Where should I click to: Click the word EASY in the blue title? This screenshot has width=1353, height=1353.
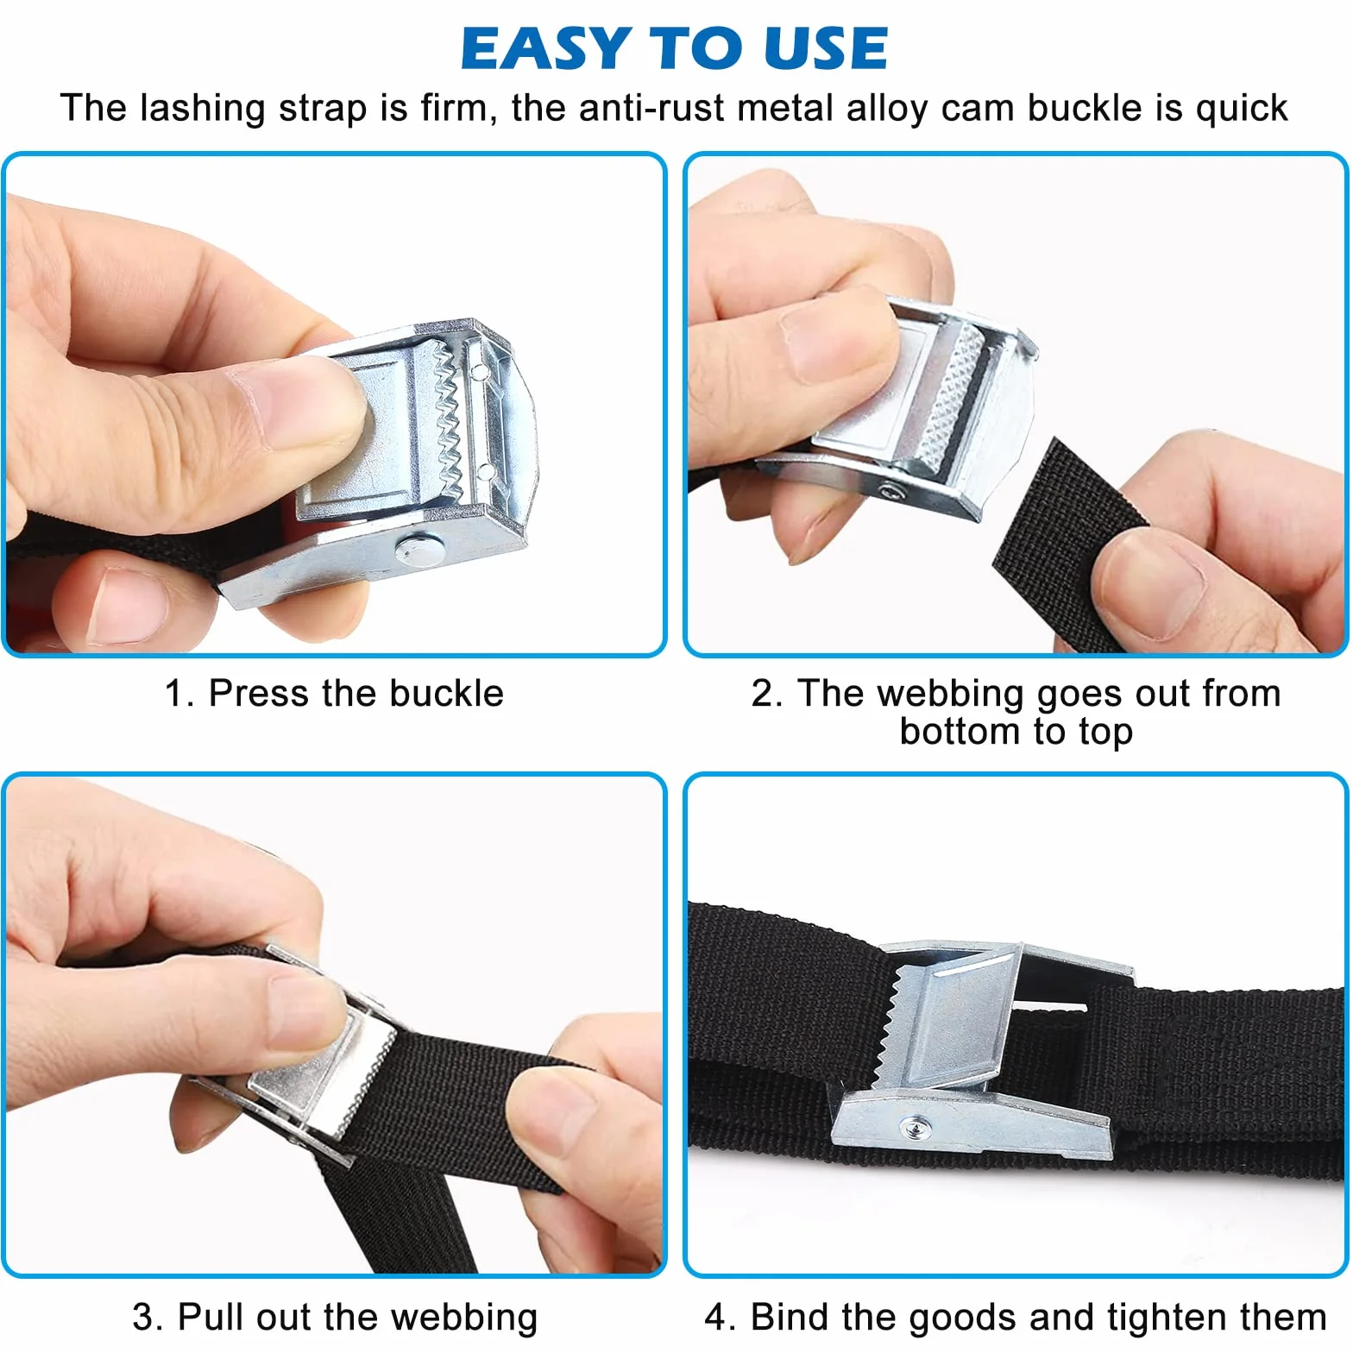coord(545,48)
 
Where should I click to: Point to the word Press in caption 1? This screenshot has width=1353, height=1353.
coord(259,693)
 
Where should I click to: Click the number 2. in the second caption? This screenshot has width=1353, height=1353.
coord(767,693)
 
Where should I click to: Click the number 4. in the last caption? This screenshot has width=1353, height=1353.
coord(720,1318)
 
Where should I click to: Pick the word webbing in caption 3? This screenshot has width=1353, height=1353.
coord(463,1318)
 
